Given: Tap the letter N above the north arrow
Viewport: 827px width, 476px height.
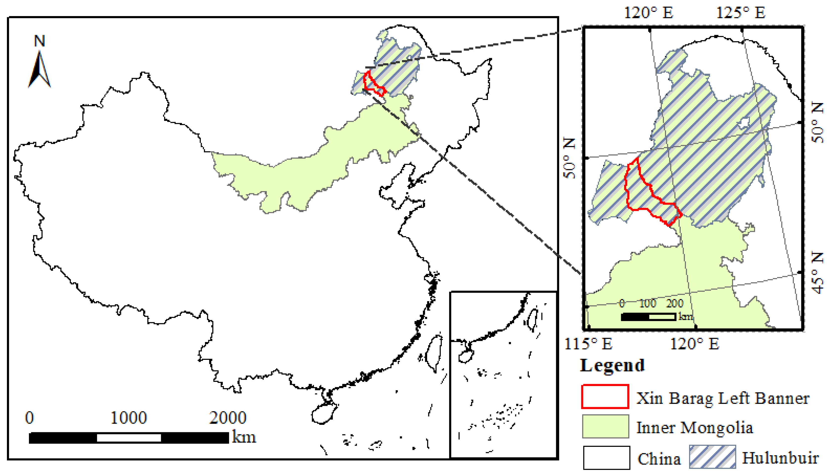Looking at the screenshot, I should point(40,41).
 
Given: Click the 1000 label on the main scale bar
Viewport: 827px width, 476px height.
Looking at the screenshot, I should point(129,418).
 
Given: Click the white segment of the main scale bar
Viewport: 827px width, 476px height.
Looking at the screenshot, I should point(129,438).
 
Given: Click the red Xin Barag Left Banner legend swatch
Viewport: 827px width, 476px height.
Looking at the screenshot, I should point(605,397).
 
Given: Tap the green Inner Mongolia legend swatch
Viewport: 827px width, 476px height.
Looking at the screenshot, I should point(605,426).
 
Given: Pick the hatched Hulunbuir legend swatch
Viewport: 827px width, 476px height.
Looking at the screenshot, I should point(713,457).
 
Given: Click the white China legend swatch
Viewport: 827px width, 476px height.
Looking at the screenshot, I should point(606,458).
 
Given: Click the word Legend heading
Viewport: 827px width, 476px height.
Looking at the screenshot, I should point(612,365).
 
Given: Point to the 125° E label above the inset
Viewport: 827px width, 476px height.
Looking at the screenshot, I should point(741,13).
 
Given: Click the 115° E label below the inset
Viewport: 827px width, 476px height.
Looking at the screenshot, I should point(588,344).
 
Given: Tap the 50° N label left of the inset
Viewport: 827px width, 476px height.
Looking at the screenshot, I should point(569,158).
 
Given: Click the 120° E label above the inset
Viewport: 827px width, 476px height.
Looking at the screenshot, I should point(649,13).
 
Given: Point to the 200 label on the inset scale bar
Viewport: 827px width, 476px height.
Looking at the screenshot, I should point(675,303).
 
